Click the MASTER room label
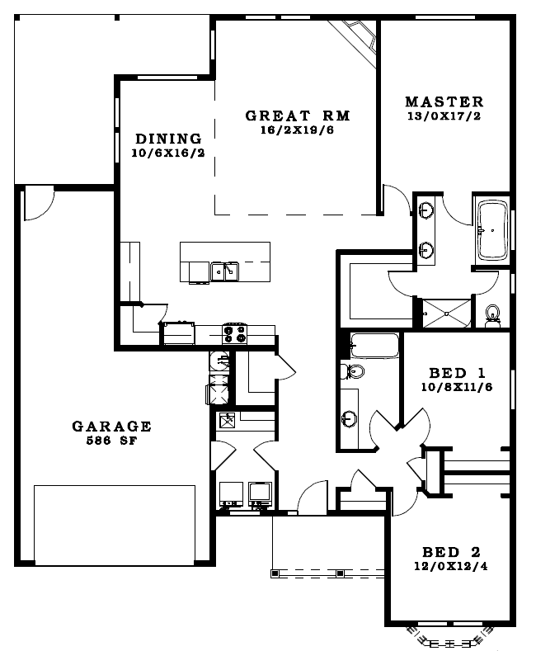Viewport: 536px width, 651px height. pyautogui.click(x=444, y=101)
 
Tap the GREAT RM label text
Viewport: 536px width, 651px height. pyautogui.click(x=298, y=116)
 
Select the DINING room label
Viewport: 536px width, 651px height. pyautogui.click(x=168, y=139)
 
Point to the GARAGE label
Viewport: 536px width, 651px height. pyautogui.click(x=111, y=427)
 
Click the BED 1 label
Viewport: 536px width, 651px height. pyautogui.click(x=457, y=373)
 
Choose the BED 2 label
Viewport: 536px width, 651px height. pyautogui.click(x=451, y=552)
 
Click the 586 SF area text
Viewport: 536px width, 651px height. pyautogui.click(x=111, y=441)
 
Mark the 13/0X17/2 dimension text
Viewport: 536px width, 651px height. pyautogui.click(x=444, y=116)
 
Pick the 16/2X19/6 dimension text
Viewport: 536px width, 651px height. pyautogui.click(x=298, y=130)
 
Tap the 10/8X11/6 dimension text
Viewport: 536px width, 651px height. pyautogui.click(x=457, y=387)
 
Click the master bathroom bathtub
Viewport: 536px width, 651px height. pyautogui.click(x=492, y=230)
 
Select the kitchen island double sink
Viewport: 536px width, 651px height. pyautogui.click(x=224, y=272)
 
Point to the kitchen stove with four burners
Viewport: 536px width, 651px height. pyautogui.click(x=234, y=334)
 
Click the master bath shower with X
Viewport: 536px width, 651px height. pyautogui.click(x=446, y=314)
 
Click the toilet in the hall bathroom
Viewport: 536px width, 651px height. pyautogui.click(x=352, y=370)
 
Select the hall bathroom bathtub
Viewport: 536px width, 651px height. pyautogui.click(x=374, y=346)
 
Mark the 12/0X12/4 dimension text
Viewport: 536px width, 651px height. pyautogui.click(x=451, y=566)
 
